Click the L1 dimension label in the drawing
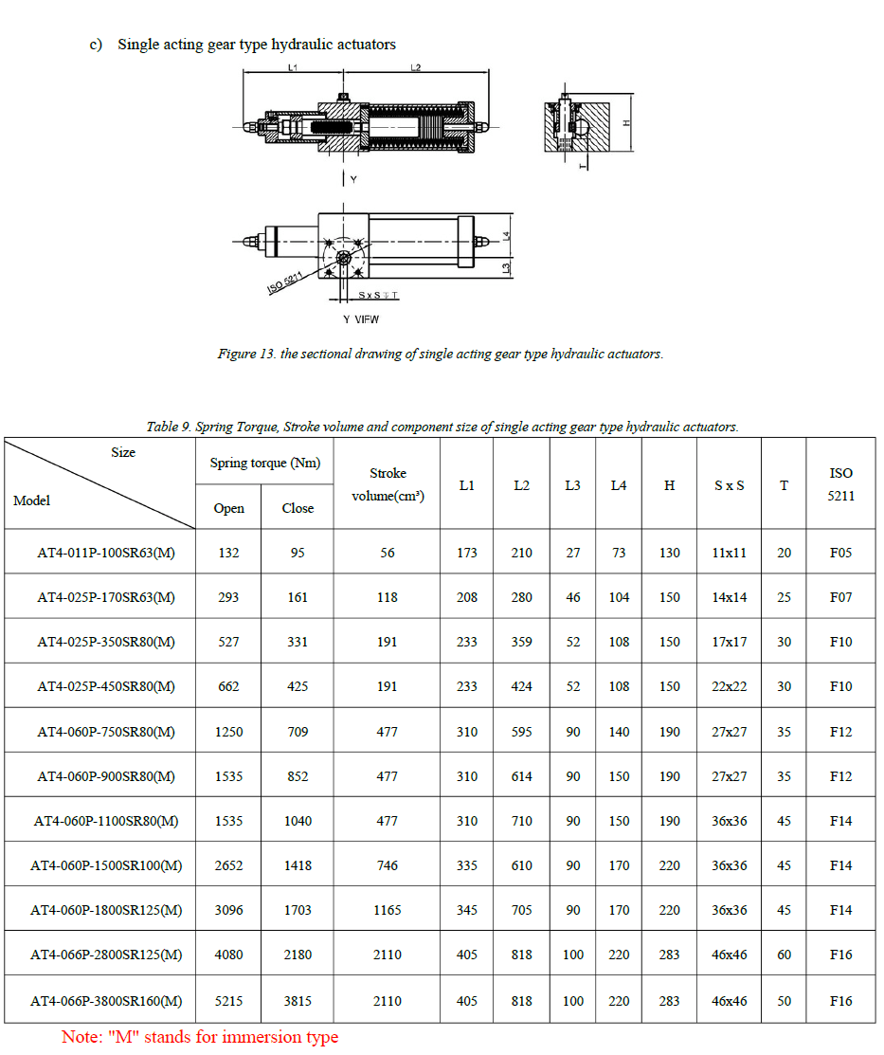(x=294, y=67)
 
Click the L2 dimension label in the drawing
(x=415, y=67)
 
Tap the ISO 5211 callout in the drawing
(x=285, y=282)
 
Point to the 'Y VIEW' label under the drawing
(x=361, y=319)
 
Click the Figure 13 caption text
(x=441, y=354)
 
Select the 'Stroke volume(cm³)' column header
(x=388, y=484)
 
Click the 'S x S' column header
(x=729, y=485)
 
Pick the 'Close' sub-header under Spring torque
(x=298, y=508)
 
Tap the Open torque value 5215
(x=228, y=1001)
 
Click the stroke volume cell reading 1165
(x=388, y=910)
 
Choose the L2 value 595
(x=521, y=732)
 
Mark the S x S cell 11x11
(x=729, y=553)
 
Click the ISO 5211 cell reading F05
(x=840, y=553)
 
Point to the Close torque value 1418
(x=298, y=865)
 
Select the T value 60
(x=784, y=955)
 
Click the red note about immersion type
(x=200, y=1037)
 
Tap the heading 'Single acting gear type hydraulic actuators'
(x=256, y=45)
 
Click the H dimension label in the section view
(x=626, y=123)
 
